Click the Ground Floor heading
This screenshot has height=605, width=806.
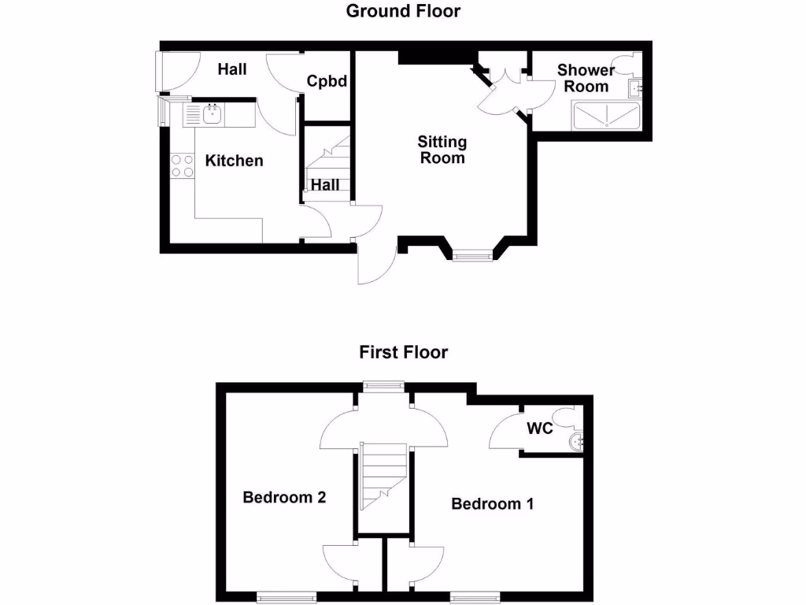tap(403, 11)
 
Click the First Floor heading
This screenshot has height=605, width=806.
tap(403, 352)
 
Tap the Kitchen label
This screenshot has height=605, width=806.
tap(234, 161)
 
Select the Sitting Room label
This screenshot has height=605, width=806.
tap(442, 150)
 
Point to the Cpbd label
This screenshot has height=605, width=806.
tap(327, 81)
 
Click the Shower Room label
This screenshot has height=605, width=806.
tap(586, 78)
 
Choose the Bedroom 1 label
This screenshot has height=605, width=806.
tap(492, 503)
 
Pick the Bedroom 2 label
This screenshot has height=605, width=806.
tap(284, 497)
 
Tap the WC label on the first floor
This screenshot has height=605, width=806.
tap(540, 429)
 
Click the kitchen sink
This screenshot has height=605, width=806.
tap(212, 115)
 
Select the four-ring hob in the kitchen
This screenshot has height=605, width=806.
tap(183, 165)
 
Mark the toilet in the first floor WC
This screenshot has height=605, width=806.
tap(566, 418)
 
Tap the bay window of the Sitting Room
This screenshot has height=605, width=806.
tap(471, 254)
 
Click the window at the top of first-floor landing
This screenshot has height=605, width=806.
tap(383, 384)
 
